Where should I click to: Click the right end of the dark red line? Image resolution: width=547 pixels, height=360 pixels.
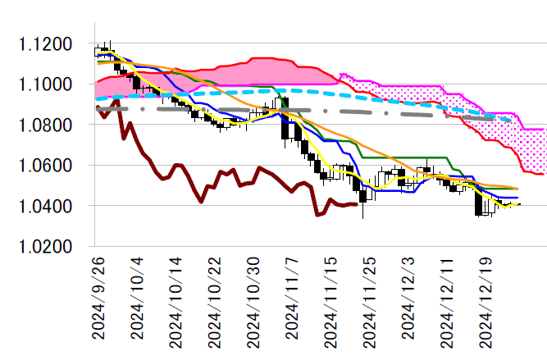point(356,204)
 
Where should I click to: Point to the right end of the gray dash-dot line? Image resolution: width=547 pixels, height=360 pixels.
point(511,121)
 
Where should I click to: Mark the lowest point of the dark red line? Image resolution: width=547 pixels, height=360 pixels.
point(317,215)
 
